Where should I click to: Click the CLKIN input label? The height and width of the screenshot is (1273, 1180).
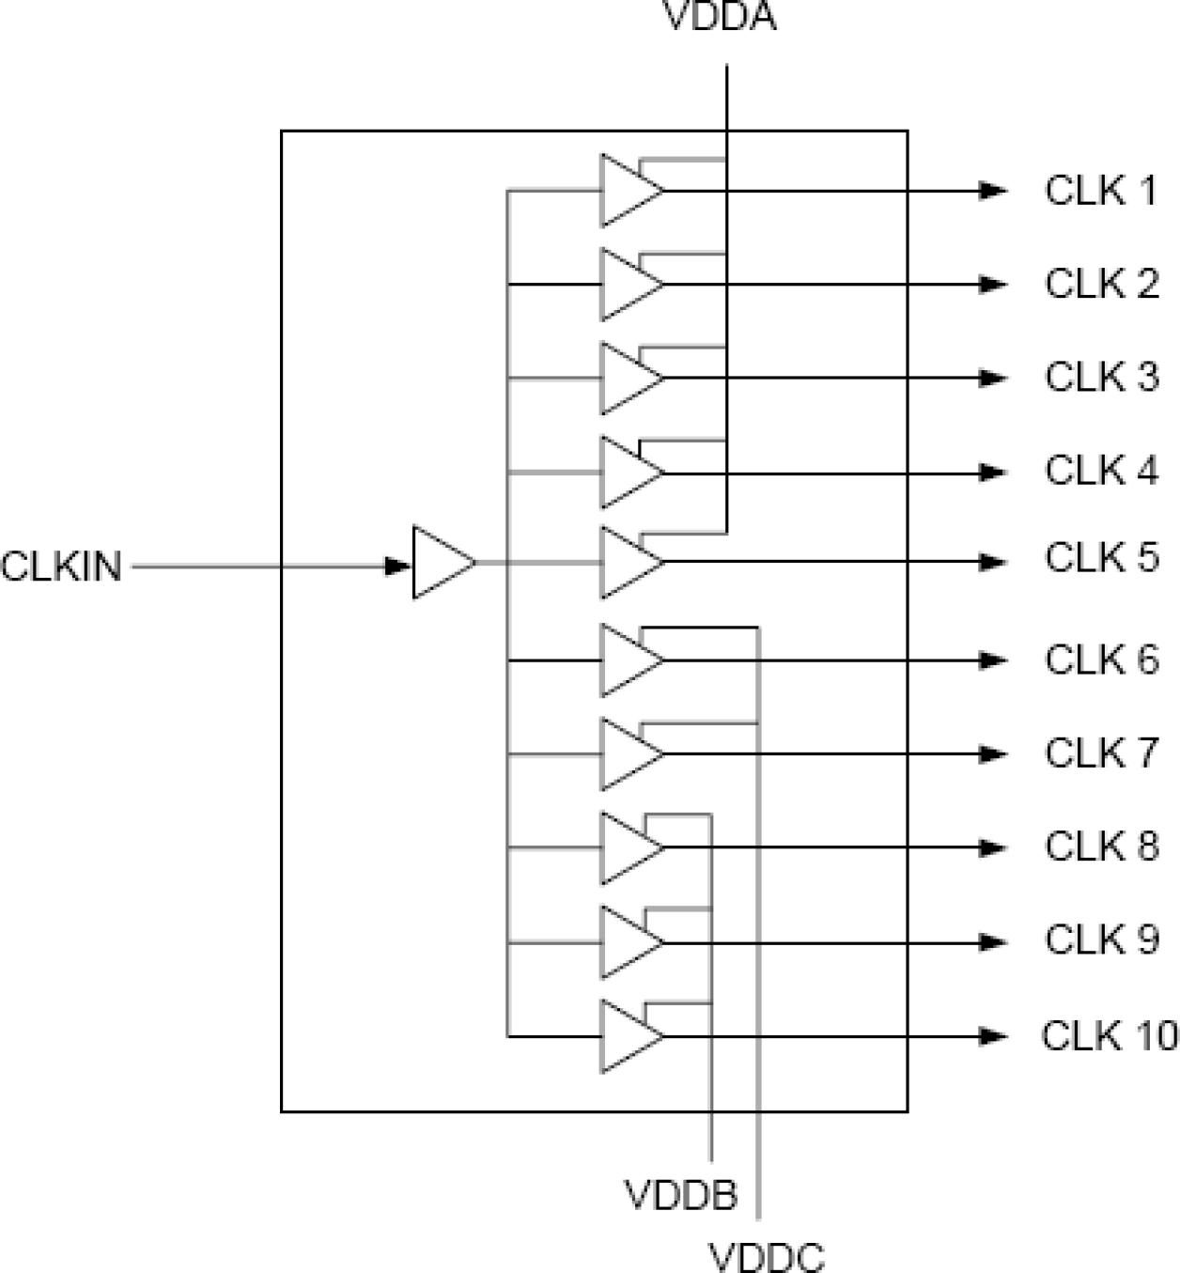tap(62, 567)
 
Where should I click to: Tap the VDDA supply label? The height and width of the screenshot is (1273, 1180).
tap(721, 18)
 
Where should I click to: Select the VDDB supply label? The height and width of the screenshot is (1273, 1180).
tap(681, 1195)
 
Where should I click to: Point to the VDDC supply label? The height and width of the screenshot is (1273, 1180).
tap(767, 1256)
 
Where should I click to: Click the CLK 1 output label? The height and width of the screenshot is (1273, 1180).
tap(1101, 191)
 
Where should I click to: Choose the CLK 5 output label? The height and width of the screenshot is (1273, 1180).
tap(1101, 557)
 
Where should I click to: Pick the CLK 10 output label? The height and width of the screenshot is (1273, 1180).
tap(1109, 1035)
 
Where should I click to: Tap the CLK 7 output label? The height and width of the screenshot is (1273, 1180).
tap(1101, 753)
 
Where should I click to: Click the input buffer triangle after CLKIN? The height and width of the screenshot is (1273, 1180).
tap(441, 564)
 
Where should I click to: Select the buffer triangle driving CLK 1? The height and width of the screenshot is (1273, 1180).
tap(628, 191)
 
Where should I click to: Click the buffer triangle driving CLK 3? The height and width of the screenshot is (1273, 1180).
tap(628, 379)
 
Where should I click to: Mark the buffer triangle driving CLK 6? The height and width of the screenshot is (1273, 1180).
tap(628, 660)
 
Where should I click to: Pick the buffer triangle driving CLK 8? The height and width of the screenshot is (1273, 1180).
tap(628, 848)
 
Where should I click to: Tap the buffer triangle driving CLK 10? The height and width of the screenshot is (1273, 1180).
tap(628, 1036)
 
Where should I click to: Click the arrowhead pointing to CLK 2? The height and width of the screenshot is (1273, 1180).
tap(993, 285)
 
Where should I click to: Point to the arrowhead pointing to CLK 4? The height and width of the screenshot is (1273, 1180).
tap(993, 473)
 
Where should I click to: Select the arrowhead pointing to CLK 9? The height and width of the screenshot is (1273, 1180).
tap(993, 942)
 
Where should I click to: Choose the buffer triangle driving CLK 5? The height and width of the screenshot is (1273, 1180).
tap(628, 562)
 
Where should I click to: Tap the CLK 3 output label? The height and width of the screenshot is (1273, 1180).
tap(1101, 377)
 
